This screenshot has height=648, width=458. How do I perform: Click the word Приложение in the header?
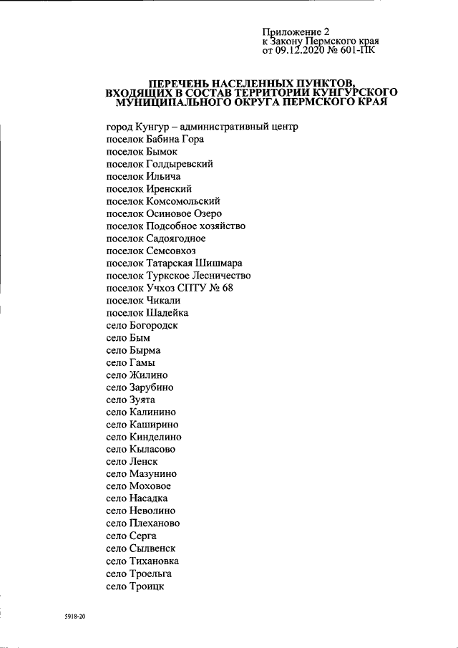293,32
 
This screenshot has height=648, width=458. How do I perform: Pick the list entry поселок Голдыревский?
159,164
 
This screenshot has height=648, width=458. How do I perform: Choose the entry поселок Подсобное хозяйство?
175,226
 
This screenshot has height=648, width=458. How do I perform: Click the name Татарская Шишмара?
190,263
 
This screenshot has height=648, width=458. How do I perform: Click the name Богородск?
153,325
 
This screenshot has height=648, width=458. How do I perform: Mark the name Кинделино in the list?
155,437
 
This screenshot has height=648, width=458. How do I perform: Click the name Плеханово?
155,523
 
